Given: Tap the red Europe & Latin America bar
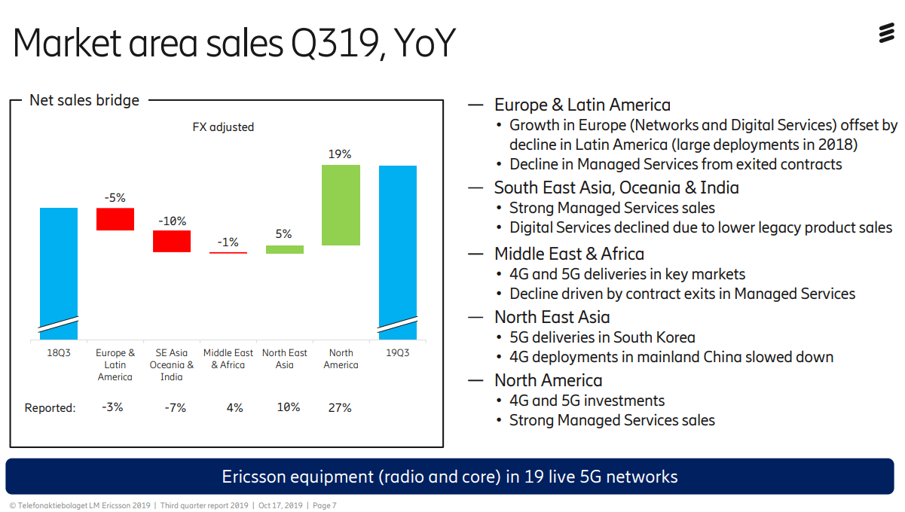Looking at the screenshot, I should pos(115,219).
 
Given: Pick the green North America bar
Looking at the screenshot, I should pos(341,205).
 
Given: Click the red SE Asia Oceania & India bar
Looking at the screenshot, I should pos(172,241).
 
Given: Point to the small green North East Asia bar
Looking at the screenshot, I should pos(285,249).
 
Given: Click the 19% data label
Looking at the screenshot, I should pos(340,154).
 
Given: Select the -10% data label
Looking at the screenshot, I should pos(172,221).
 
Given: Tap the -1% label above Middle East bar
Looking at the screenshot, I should pos(228,242).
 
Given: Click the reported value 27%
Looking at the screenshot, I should pos(340,407).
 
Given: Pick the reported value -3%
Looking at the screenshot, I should pos(112,407).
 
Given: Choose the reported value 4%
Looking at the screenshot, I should pos(234,407).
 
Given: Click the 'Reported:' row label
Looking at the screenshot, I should pos(50,408).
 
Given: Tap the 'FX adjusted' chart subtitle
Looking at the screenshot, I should pos(223,127).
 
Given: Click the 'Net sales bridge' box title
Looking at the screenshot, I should pos(84,100).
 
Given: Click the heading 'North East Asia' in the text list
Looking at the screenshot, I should pos(552,317).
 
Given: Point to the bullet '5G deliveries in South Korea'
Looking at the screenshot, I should pos(602,337).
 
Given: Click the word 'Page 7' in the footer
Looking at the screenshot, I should pos(324,505).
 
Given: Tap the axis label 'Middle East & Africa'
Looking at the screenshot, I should pos(228,359).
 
